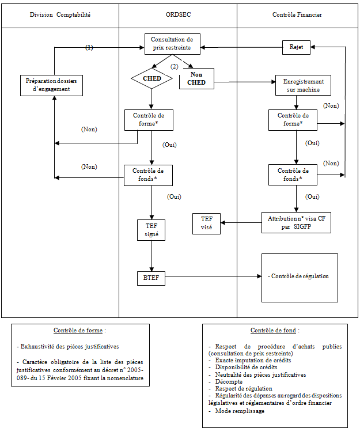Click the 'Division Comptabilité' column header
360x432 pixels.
[60, 14]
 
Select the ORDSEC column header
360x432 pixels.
[177, 14]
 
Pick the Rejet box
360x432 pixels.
[297, 47]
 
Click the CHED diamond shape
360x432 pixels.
[151, 78]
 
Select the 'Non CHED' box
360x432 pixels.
[196, 78]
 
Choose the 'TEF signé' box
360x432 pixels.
[152, 230]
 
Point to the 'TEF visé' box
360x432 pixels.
[206, 223]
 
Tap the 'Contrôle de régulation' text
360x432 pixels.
[299, 276]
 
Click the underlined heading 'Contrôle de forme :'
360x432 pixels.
[79, 331]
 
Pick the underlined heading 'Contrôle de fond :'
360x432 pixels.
[275, 331]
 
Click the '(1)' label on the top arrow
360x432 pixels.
[89, 47]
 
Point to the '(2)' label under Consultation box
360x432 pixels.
[174, 67]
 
